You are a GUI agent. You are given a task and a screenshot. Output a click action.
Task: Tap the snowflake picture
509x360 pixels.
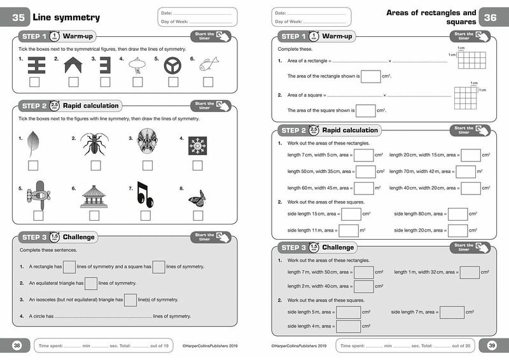click(x=197, y=146)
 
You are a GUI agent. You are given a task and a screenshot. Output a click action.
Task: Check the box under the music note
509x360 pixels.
click(x=146, y=215)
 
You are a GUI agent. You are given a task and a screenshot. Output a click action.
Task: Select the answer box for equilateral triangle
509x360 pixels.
click(x=91, y=283)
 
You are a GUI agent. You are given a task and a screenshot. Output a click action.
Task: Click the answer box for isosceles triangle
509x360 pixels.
click(x=130, y=300)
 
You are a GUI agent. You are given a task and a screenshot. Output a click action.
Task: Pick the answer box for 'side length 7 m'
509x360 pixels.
click(x=452, y=312)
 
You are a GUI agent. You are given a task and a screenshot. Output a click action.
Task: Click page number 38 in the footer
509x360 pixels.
click(x=17, y=345)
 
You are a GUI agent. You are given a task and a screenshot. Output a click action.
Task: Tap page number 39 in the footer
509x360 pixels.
click(x=492, y=345)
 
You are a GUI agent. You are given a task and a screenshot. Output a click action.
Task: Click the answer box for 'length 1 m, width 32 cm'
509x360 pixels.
click(x=469, y=272)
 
